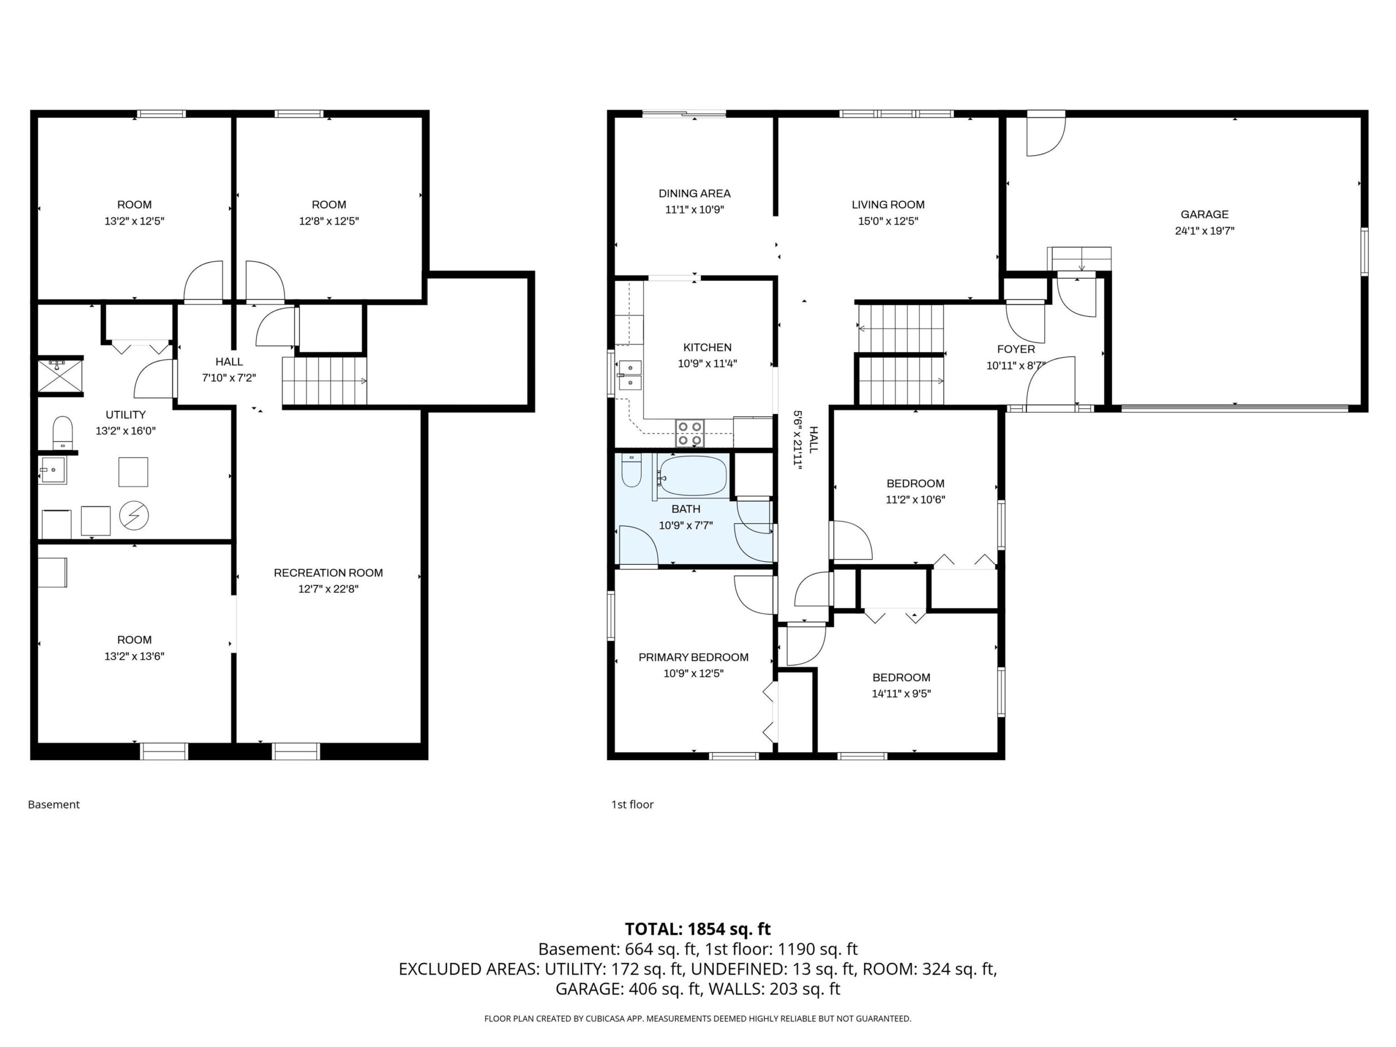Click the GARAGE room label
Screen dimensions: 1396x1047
point(1204,214)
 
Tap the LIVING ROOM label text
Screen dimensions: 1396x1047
point(888,204)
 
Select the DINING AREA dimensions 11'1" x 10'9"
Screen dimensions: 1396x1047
point(694,209)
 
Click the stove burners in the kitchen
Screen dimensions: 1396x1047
point(690,433)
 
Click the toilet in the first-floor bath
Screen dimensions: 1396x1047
point(631,470)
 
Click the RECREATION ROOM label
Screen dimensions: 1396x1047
point(328,573)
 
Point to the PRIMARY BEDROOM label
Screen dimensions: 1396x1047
point(694,657)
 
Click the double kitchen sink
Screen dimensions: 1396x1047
point(629,375)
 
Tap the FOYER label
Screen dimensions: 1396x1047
point(1016,349)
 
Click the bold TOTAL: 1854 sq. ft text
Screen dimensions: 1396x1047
point(697,929)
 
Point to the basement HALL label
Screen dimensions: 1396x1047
point(229,362)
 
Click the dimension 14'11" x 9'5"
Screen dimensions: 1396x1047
point(901,694)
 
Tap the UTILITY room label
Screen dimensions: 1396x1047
point(125,414)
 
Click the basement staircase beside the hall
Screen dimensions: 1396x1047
point(324,381)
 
